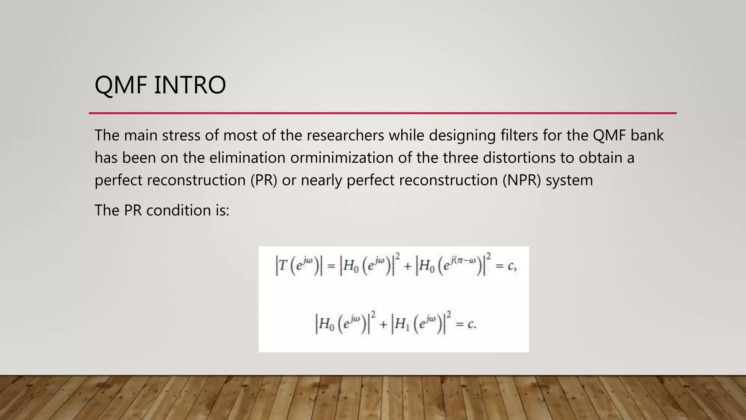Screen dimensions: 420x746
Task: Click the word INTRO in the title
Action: [190, 85]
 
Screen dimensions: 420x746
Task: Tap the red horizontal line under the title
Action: [382, 113]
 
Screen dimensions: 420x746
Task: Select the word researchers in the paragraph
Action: [345, 135]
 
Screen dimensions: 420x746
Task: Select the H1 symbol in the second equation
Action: [402, 324]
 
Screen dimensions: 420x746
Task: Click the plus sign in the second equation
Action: [383, 324]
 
